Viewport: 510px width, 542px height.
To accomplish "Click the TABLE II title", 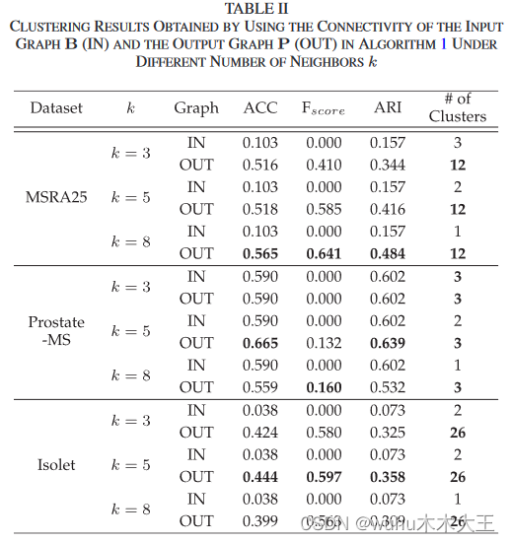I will coord(255,9).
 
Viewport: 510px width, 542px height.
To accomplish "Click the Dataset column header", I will coord(56,107).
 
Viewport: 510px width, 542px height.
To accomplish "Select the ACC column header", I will coord(260,107).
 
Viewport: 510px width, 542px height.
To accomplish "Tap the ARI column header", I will coord(387,107).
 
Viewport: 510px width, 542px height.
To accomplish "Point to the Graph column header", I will coord(196,107).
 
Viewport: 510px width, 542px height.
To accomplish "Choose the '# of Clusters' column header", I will coord(457,107).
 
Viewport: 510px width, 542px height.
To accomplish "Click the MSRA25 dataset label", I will coord(56,197).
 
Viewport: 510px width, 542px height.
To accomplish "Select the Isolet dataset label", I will coord(56,464).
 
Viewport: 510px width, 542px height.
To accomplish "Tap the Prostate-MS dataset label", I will coord(56,331).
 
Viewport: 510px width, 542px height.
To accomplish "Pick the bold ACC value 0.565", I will coord(260,253).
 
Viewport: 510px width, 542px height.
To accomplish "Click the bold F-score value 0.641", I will coord(324,253).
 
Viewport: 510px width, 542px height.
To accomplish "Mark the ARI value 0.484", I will coord(387,253).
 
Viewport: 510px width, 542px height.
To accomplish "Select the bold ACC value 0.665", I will coord(260,342).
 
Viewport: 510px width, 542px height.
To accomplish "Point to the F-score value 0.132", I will coord(324,342).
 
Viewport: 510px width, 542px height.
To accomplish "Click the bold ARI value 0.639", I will coord(387,342).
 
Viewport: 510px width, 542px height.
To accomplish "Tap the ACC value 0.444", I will coord(260,476).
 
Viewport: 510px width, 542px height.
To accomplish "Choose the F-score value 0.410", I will coord(324,165).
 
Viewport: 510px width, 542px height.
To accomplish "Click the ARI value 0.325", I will coord(387,432).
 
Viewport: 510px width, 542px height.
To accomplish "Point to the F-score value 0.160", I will coord(324,387).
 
